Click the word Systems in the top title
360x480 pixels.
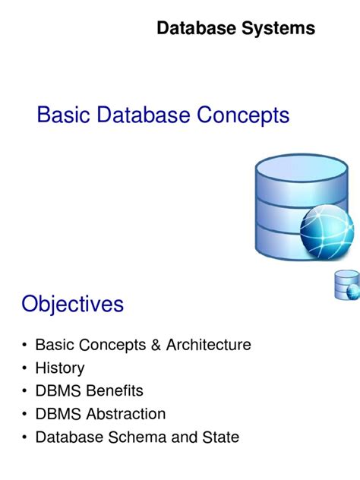tap(279, 29)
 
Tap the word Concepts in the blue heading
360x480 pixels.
tap(244, 115)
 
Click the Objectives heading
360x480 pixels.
tap(72, 305)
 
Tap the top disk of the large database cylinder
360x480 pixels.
tap(291, 167)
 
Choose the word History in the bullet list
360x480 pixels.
tap(60, 368)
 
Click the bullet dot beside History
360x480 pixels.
tap(26, 369)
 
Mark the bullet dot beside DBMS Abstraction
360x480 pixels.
tap(26, 415)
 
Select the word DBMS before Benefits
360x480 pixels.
tap(56, 391)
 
